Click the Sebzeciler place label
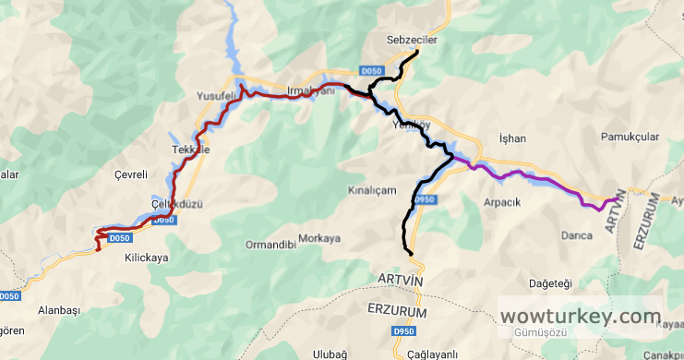pos(411,42)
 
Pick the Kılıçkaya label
pos(146,258)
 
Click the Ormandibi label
pos(270,245)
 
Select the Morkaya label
pos(319,238)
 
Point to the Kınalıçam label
pos(370,189)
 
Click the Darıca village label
pos(576,235)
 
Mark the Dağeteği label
pos(550,282)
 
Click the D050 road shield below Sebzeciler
pos(370,71)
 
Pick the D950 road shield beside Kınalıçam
pos(424,199)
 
